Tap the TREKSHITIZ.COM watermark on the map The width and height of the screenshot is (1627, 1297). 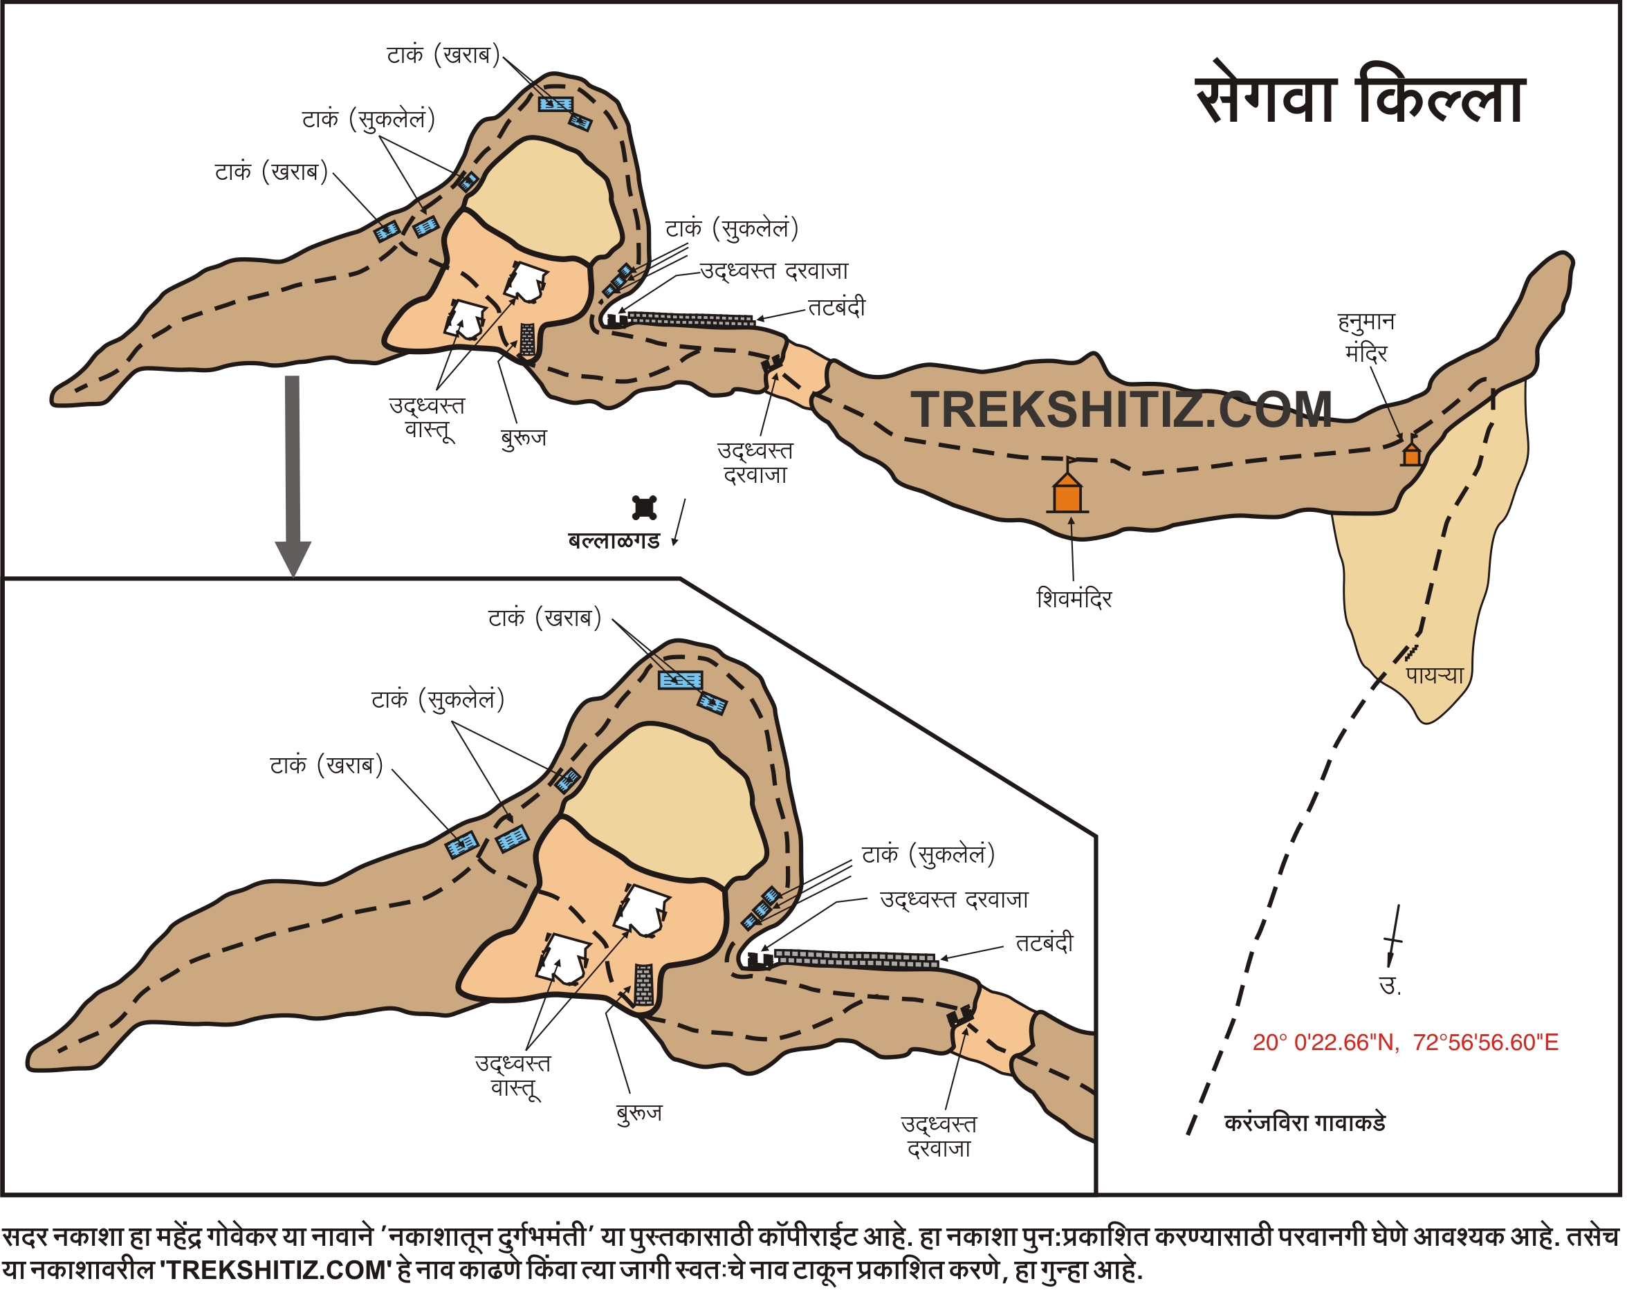(x=1121, y=410)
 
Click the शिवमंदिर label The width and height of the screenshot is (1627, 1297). (x=1074, y=599)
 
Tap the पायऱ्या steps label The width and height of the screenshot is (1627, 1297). (x=1435, y=675)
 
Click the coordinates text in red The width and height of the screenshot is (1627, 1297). (x=1405, y=1042)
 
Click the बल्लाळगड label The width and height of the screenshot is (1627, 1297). (x=614, y=541)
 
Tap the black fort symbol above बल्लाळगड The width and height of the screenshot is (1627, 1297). (x=645, y=508)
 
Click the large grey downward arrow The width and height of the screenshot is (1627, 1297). (x=293, y=475)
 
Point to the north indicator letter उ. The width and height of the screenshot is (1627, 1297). (x=1390, y=986)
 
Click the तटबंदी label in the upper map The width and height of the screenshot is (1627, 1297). (x=837, y=308)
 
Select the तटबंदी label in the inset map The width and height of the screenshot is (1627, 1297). (x=1045, y=943)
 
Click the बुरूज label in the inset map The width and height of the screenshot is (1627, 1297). (x=639, y=1113)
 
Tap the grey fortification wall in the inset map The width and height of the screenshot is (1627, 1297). (x=856, y=959)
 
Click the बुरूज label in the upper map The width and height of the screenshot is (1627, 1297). (x=524, y=438)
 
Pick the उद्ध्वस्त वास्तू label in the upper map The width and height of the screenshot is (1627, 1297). (x=427, y=417)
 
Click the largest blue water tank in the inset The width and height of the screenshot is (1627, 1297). (x=681, y=681)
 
